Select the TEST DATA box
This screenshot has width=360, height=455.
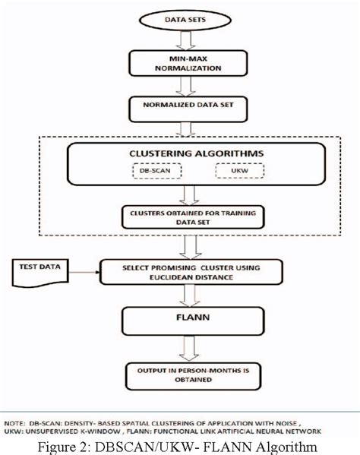(38, 269)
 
